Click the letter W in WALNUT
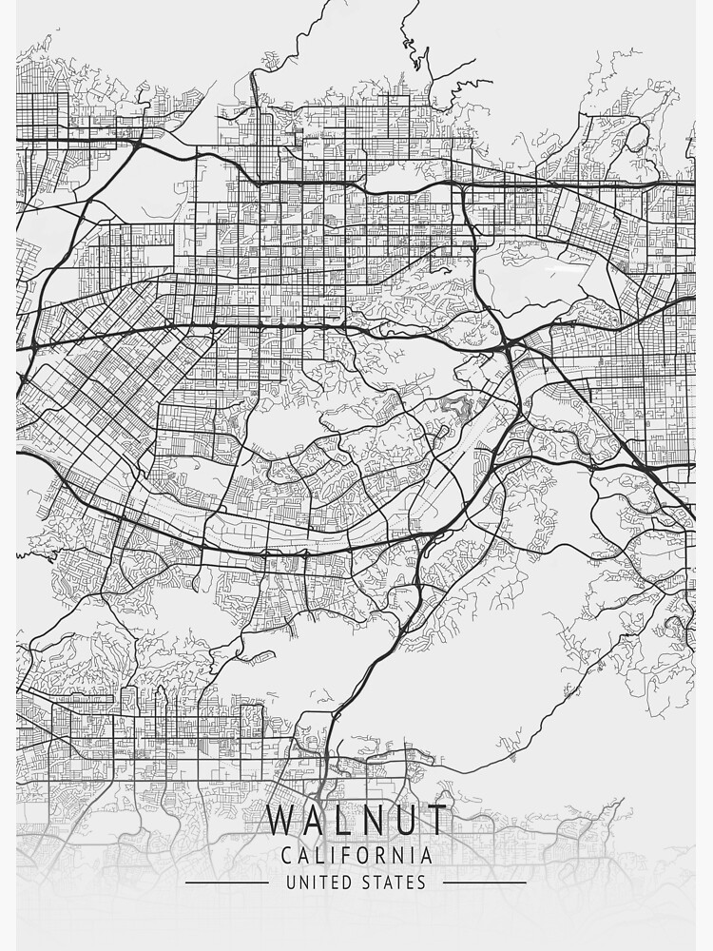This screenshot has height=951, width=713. pos(282,821)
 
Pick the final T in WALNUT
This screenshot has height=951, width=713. pos(434,821)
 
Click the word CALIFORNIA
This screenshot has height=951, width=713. pos(356,855)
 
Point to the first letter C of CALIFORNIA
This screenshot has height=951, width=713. pos(286,855)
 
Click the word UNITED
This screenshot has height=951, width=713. pos(319,883)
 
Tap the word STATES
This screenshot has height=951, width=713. pos(393,883)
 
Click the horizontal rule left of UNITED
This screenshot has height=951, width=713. pos(226,883)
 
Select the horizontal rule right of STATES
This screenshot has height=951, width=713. pos(485,883)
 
